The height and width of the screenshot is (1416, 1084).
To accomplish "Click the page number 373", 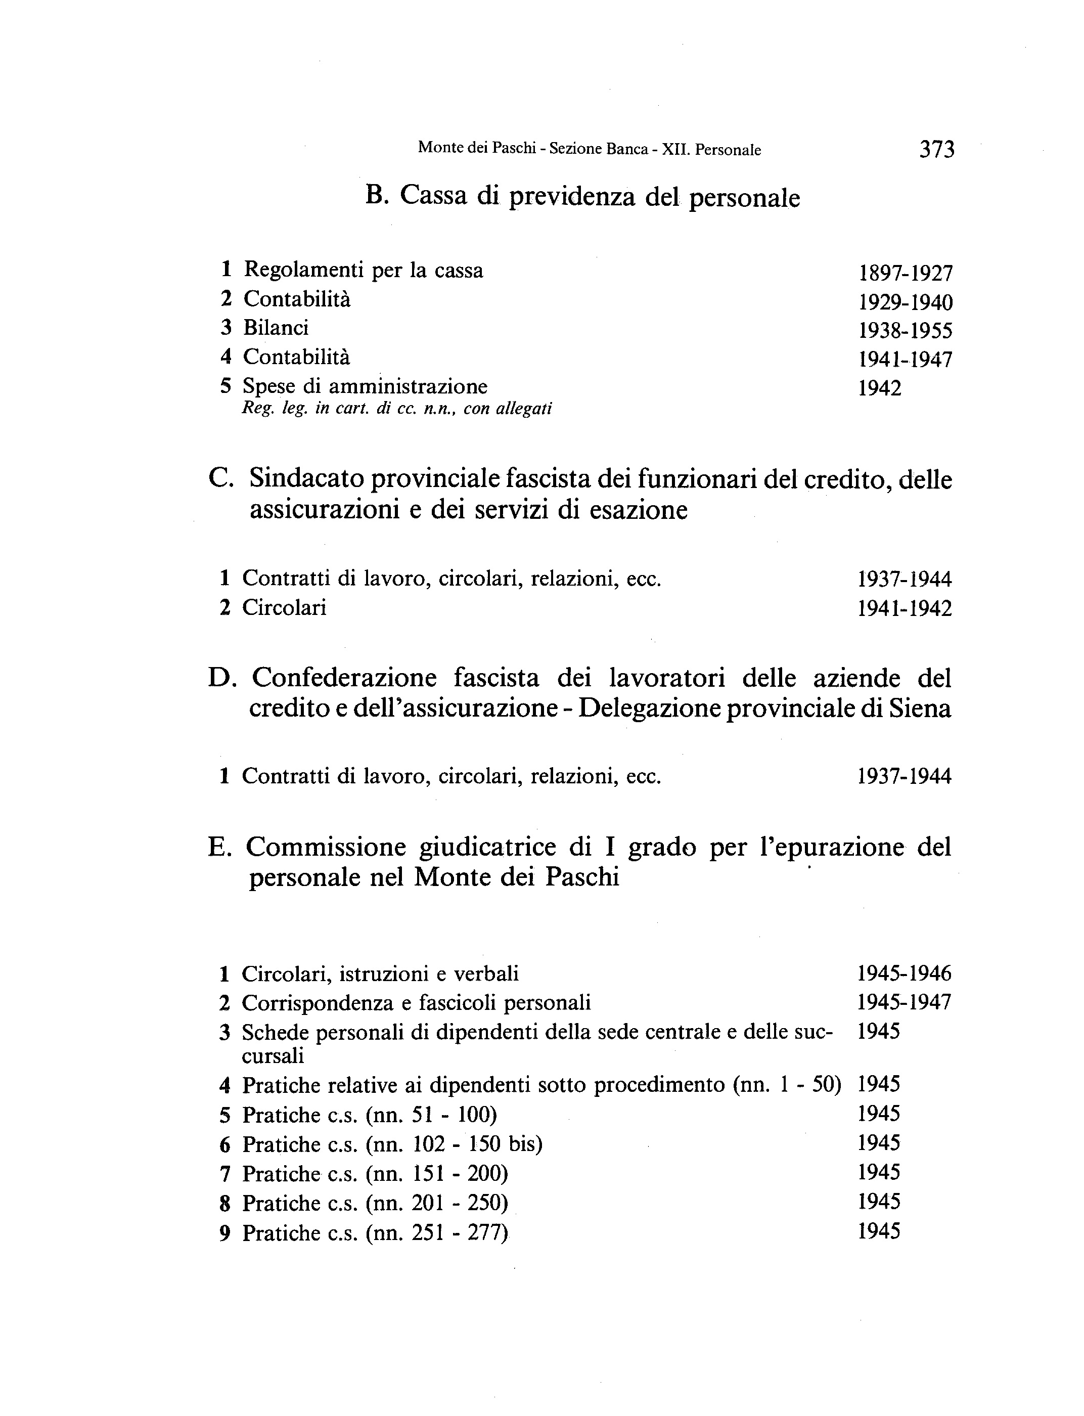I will [936, 150].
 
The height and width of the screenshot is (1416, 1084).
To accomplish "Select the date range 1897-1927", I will [905, 273].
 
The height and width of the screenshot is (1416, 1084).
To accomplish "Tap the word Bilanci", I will [276, 328].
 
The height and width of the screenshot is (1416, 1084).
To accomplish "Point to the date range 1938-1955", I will [905, 331].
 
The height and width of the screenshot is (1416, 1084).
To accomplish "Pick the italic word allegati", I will [524, 409].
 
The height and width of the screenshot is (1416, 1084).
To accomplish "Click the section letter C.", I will [220, 479].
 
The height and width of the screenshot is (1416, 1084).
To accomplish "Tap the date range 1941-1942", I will [905, 608].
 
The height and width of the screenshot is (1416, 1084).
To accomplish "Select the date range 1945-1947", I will [904, 1002].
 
